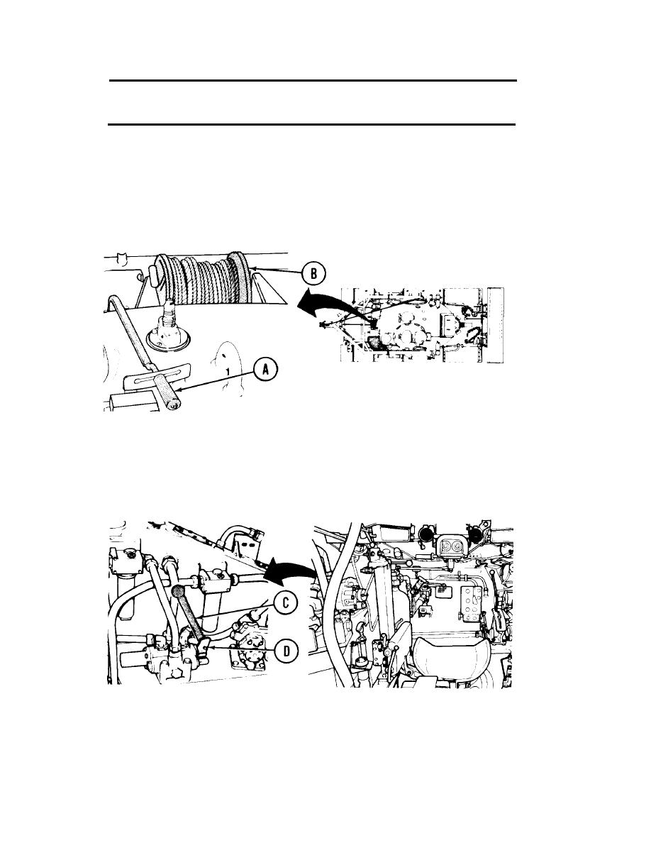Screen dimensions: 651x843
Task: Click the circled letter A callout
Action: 265,369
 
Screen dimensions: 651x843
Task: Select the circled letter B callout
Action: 313,274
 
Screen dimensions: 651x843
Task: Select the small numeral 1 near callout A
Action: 228,371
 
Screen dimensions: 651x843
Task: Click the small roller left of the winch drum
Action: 151,276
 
